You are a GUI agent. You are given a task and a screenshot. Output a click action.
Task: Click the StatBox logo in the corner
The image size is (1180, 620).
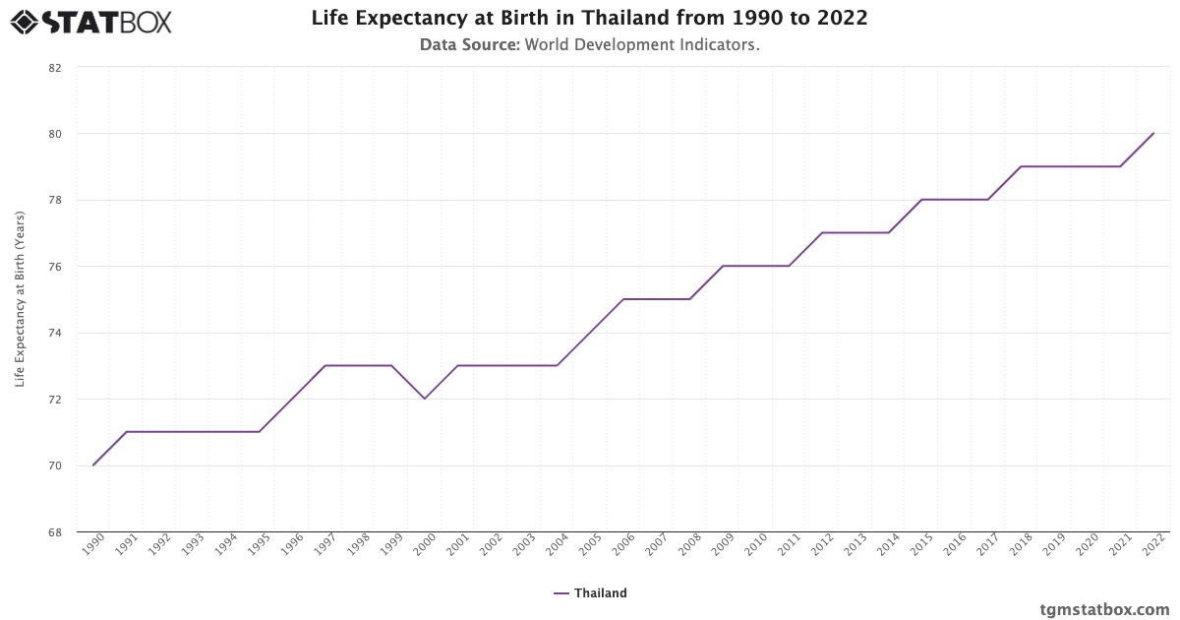91,21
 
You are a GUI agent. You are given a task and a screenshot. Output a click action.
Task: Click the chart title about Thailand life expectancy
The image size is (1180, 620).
589,19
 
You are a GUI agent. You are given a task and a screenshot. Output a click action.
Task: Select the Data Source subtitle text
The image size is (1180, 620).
589,45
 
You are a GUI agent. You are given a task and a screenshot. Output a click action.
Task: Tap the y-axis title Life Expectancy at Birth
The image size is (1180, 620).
20,298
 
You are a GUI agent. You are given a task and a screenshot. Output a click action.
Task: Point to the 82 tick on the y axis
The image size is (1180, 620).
54,68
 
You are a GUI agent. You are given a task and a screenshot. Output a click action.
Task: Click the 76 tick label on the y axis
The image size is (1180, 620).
54,267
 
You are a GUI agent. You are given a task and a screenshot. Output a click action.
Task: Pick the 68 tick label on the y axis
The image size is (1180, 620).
54,532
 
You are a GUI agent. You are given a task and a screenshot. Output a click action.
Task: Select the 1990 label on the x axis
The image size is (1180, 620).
92,547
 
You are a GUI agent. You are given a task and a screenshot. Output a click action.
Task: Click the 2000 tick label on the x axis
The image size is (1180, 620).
424,547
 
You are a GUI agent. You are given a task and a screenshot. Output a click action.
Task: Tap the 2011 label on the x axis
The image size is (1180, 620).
789,547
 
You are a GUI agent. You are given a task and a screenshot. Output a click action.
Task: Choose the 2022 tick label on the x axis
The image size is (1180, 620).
1152,547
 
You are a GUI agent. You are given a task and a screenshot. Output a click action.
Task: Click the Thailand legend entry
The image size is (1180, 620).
590,593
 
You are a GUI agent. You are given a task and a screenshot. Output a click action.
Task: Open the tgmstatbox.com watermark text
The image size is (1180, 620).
1105,609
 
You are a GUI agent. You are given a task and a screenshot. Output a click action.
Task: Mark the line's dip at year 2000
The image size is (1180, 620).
425,399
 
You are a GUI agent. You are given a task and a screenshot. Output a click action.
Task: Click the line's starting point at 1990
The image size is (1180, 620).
93,465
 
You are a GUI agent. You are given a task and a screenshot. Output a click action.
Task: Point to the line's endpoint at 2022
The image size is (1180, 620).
1153,133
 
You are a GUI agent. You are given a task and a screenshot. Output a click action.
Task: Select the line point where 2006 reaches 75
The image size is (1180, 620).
623,299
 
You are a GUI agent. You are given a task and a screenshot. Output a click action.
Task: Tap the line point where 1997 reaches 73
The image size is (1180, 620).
325,365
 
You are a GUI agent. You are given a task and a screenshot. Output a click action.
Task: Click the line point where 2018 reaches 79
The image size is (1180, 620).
1021,166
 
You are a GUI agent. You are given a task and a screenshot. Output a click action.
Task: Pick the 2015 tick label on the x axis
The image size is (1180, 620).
920,547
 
